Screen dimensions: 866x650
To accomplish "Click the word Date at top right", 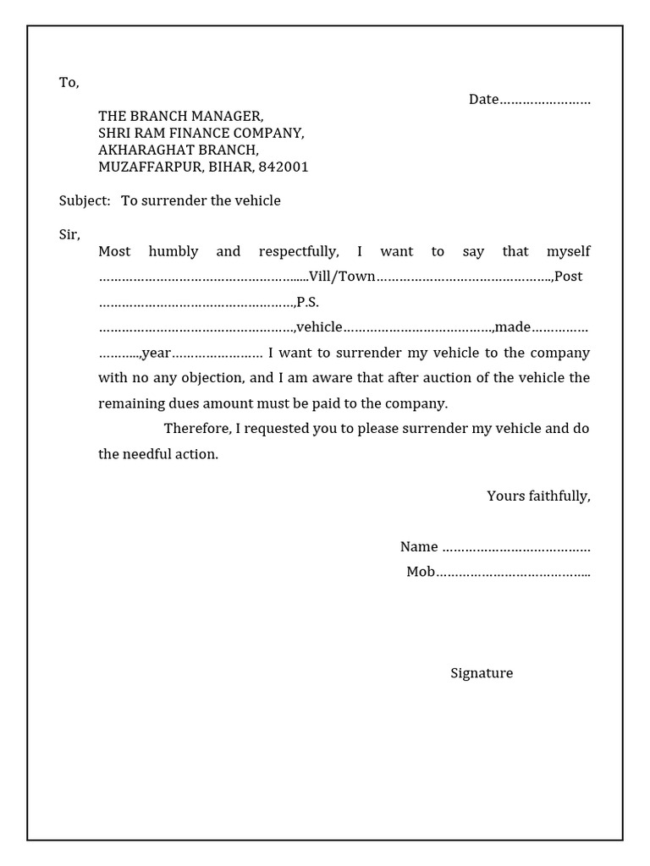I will pos(483,100).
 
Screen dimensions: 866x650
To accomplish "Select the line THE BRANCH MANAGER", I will pos(180,117).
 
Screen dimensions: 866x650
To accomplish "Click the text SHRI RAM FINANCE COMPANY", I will pos(201,134).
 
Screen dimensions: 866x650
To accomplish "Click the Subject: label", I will pos(84,201).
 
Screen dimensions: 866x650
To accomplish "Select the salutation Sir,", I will pos(69,234).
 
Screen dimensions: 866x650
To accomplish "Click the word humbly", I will pos(173,251).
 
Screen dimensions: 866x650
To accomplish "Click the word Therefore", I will pos(196,429).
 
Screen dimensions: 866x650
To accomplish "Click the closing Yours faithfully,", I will pos(538,496).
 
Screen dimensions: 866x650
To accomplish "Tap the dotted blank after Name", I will pos(516,547).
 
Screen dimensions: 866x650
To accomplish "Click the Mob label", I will pos(420,572).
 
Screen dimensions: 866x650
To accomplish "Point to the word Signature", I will pos(482,673).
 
